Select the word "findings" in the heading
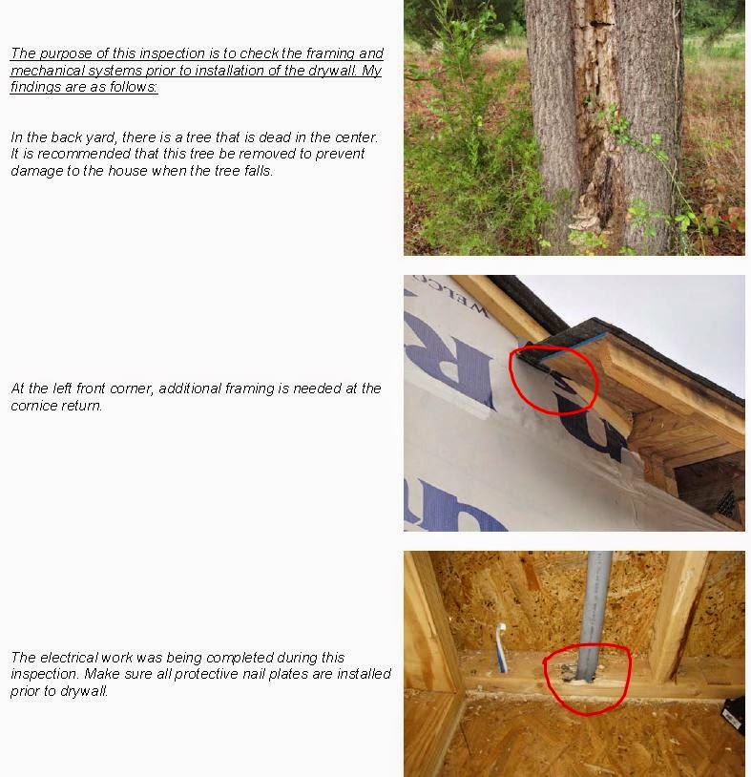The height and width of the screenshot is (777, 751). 33,87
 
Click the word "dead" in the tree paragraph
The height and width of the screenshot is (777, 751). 275,137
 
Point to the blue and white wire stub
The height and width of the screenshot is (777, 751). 501,646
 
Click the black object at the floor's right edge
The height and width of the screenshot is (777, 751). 734,715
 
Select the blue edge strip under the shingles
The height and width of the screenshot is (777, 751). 575,347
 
